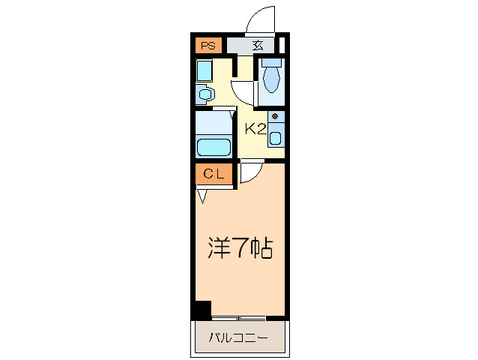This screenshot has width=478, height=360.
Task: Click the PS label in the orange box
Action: pos(208,46)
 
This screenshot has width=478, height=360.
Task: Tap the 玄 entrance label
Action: pos(258,46)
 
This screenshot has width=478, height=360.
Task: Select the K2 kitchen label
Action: pos(256,129)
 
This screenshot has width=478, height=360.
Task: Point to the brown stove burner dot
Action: pos(276,118)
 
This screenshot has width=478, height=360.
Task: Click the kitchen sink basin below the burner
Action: pos(276,138)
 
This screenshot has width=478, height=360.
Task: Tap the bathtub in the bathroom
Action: pos(214,146)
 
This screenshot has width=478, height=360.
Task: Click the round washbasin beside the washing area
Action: pos(205,94)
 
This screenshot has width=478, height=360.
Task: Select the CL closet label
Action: pos(214,174)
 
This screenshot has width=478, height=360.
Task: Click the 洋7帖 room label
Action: pos(240,248)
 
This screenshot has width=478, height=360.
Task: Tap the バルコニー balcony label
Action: pos(240,338)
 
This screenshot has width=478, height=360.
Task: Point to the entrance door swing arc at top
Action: pos(258,19)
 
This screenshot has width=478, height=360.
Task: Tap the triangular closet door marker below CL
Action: pos(202,196)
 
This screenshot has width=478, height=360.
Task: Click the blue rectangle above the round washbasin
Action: pos(205,71)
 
